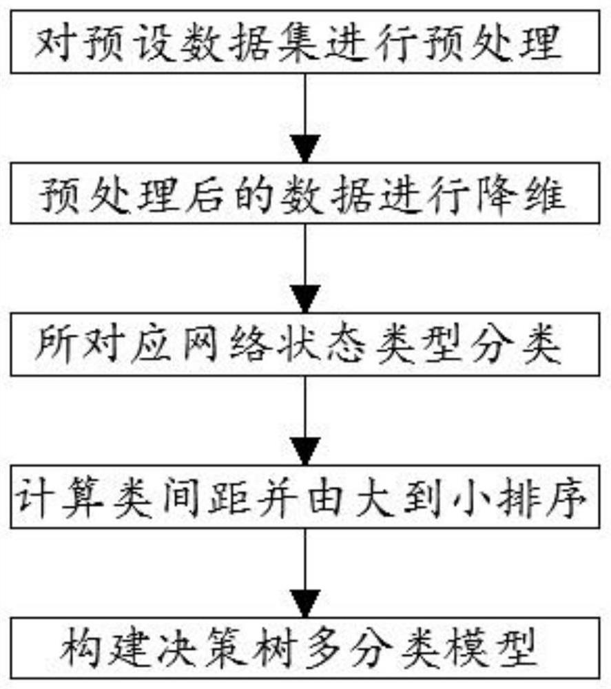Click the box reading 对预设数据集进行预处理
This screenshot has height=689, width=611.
click(305, 42)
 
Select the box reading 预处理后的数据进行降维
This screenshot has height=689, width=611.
click(305, 193)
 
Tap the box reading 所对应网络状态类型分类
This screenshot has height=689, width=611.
click(305, 344)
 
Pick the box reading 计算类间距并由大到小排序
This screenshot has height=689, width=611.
click(305, 497)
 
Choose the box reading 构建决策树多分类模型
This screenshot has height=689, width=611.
click(305, 648)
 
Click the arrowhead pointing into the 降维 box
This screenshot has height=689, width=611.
click(305, 149)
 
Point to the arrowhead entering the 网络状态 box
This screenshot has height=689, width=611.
click(305, 299)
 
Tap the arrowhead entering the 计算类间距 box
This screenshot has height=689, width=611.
click(305, 452)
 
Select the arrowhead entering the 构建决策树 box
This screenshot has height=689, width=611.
click(305, 604)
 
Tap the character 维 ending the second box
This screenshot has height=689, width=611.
click(544, 194)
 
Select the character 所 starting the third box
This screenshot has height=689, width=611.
click(55, 345)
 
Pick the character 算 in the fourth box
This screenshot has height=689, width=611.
click(83, 497)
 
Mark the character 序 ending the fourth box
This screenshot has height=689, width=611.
click(568, 497)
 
